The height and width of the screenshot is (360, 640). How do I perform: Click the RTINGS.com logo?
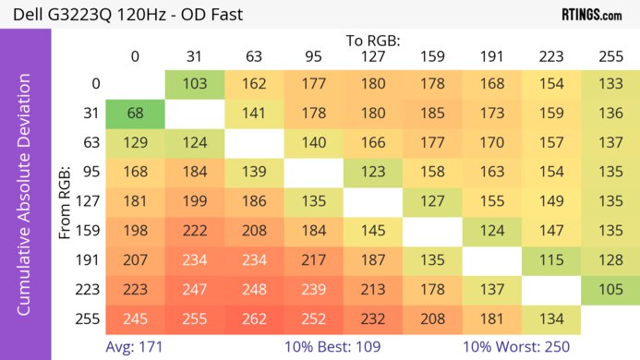tap(591, 15)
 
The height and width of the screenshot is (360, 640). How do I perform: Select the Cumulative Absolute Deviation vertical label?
tap(25, 202)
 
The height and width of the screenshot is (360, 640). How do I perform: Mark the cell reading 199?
tap(194, 202)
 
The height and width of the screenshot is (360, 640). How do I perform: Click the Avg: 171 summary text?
tap(135, 347)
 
